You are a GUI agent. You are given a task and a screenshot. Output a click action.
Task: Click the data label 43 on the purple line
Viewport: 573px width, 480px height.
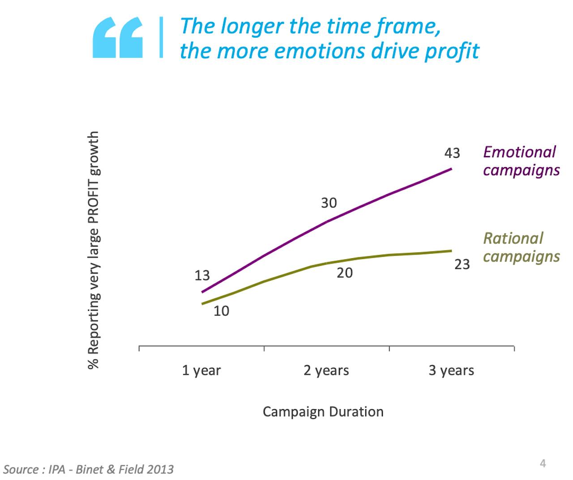[x=452, y=153]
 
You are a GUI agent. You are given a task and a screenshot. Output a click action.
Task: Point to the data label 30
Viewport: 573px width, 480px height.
[x=329, y=203]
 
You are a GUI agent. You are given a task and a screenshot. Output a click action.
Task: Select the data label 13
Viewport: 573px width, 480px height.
[x=202, y=276]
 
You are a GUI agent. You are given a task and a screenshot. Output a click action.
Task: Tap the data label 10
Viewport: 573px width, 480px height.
[x=221, y=311]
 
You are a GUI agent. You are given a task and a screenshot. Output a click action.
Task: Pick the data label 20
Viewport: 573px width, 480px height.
[x=345, y=272]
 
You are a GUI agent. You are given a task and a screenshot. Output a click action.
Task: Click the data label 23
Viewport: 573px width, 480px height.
[x=462, y=264]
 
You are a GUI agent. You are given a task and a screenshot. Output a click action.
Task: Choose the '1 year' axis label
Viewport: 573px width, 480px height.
[x=201, y=371]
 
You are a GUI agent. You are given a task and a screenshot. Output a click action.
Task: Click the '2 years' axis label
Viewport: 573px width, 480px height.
[x=326, y=371]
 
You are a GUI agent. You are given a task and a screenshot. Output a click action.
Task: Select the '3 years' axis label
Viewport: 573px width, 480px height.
[x=451, y=371]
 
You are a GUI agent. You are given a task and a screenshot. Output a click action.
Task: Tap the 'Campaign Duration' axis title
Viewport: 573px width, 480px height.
[x=323, y=412]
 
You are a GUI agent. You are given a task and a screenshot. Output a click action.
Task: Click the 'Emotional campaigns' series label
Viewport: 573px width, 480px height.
[x=521, y=161]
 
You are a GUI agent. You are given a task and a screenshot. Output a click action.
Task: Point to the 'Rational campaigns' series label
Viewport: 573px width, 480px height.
[x=521, y=247]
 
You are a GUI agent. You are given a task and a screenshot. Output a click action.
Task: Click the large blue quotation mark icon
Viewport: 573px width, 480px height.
[x=118, y=38]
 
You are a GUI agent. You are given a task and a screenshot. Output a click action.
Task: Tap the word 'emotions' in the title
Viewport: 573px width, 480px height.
[x=319, y=51]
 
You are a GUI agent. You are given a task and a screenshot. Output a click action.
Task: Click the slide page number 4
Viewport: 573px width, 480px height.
[x=543, y=463]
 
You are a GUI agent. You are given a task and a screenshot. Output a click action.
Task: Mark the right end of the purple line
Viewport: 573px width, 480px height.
[x=451, y=169]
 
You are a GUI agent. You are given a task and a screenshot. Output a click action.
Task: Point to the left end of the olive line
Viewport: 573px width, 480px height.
[x=203, y=304]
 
